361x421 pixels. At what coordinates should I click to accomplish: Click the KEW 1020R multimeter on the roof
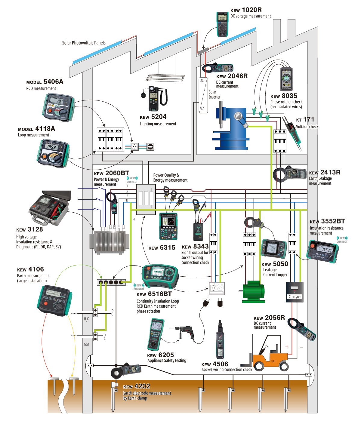coord(222,24)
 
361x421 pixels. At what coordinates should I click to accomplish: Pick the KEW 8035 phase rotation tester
coord(286,79)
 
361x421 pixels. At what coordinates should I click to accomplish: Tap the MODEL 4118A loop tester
coord(54,153)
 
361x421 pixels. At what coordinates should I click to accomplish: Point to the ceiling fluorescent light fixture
coord(165,78)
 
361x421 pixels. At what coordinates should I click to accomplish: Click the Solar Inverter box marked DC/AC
coord(203,95)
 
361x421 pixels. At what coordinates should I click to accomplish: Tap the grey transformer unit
coord(109,242)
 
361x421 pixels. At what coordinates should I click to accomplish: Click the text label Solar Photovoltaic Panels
coord(84,43)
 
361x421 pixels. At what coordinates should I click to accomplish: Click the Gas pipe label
coord(87,344)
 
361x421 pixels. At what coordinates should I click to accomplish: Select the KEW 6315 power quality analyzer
coord(168,226)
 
